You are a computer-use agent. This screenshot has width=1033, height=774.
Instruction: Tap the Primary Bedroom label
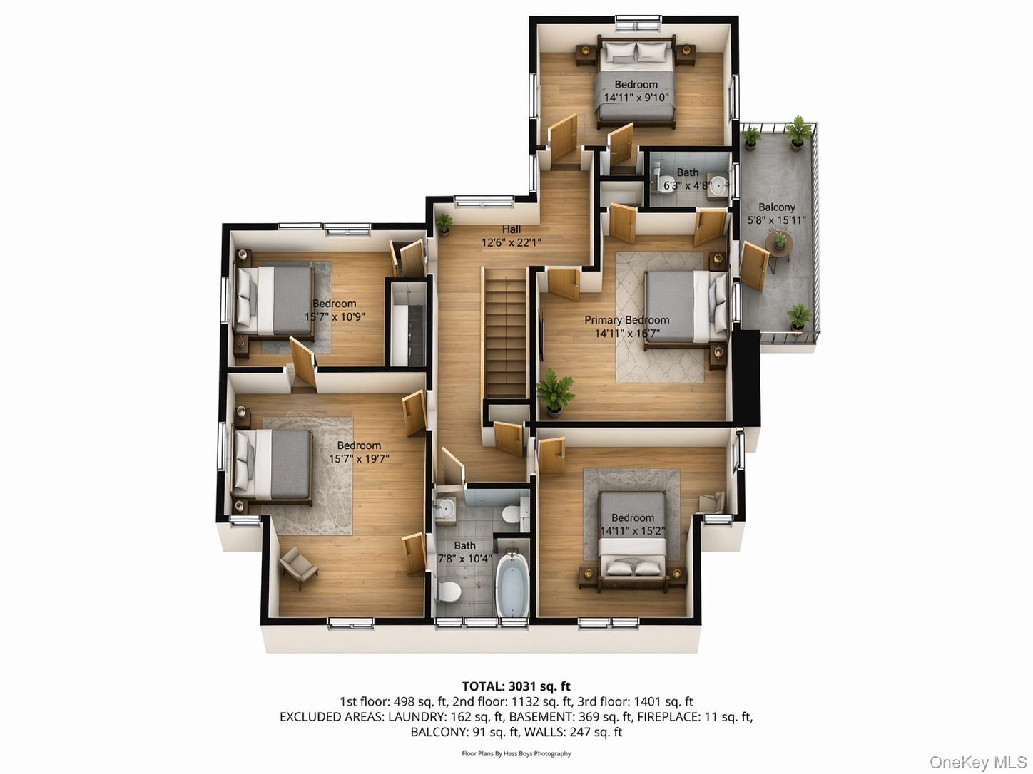click(x=626, y=320)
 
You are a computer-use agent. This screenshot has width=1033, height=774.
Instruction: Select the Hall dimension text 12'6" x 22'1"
click(x=511, y=242)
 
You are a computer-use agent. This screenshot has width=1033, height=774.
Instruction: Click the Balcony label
click(x=776, y=207)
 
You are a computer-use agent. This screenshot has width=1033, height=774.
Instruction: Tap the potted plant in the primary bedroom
click(x=555, y=391)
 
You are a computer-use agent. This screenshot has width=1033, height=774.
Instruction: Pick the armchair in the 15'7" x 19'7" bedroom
click(x=298, y=567)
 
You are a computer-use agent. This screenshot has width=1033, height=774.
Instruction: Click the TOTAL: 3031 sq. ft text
click(x=516, y=686)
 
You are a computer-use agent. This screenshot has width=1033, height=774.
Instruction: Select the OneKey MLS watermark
click(x=977, y=763)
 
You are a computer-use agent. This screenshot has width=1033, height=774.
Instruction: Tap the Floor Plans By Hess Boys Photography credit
click(x=516, y=753)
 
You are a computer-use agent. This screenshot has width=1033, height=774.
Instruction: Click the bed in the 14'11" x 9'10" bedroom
click(x=635, y=82)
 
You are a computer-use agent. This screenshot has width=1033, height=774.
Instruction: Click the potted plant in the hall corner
click(x=444, y=223)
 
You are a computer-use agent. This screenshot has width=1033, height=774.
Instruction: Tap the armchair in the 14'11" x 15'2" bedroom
click(x=713, y=502)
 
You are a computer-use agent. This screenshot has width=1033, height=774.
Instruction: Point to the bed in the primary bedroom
click(x=677, y=306)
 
